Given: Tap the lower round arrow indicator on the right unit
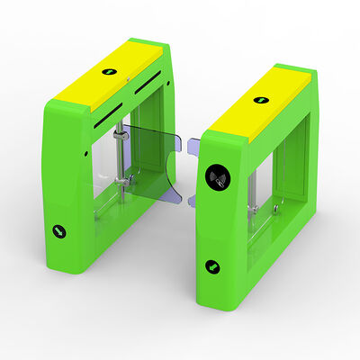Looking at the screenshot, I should click(x=213, y=265).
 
